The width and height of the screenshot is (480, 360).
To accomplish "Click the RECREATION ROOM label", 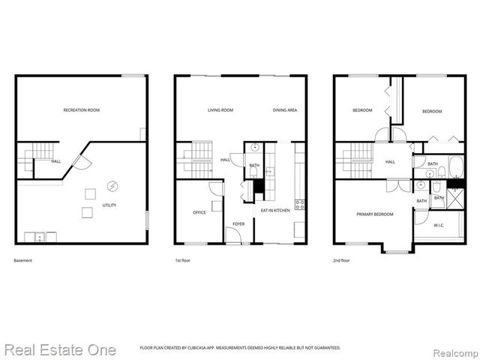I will (82, 110).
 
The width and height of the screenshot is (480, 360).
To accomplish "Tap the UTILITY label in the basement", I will (109, 205).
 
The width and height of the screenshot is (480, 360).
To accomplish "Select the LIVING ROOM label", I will (220, 110).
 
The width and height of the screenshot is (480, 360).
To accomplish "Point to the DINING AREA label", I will (285, 110).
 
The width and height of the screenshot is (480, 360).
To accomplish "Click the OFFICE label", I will (199, 212).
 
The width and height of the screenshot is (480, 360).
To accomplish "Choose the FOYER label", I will (238, 223).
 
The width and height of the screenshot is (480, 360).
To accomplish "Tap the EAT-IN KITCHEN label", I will (275, 211).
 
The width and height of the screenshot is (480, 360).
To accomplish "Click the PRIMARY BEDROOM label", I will (374, 214).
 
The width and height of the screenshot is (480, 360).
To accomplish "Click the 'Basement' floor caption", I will (23, 260).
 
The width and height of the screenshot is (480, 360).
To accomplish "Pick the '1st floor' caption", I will (182, 260).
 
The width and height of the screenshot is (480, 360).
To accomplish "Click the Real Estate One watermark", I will (60, 349).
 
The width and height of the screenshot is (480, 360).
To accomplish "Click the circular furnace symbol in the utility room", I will (112, 185).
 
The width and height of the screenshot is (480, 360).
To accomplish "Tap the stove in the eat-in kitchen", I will (300, 203).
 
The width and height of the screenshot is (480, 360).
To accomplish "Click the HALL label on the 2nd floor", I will (390, 161).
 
